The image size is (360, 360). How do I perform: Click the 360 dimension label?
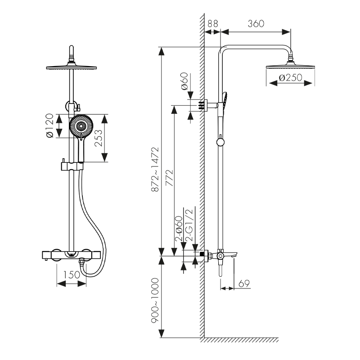(x=256, y=24)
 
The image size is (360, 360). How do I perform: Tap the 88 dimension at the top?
(x=213, y=24)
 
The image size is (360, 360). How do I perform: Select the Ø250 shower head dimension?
(x=290, y=77)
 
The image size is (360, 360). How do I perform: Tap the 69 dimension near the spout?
(x=243, y=283)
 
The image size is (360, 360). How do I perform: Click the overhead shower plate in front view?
(x=72, y=67)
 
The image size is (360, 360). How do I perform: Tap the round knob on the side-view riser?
(x=220, y=142)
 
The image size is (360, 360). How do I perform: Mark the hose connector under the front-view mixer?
(x=82, y=261)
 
